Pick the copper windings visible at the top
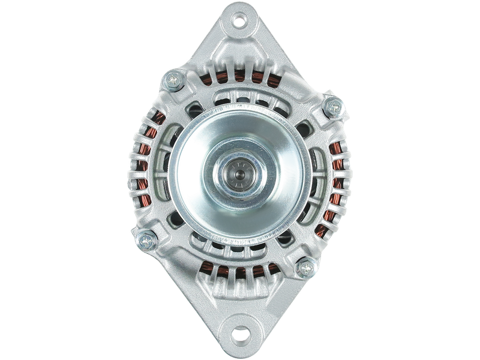coord(240,78)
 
